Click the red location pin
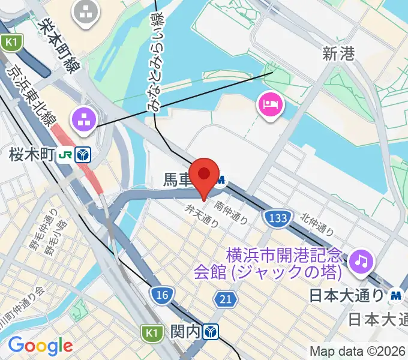(x=204, y=175)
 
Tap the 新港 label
(x=338, y=55)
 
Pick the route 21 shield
(x=225, y=298)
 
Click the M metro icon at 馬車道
(x=222, y=179)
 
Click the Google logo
(x=40, y=346)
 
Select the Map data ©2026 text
(x=358, y=350)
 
